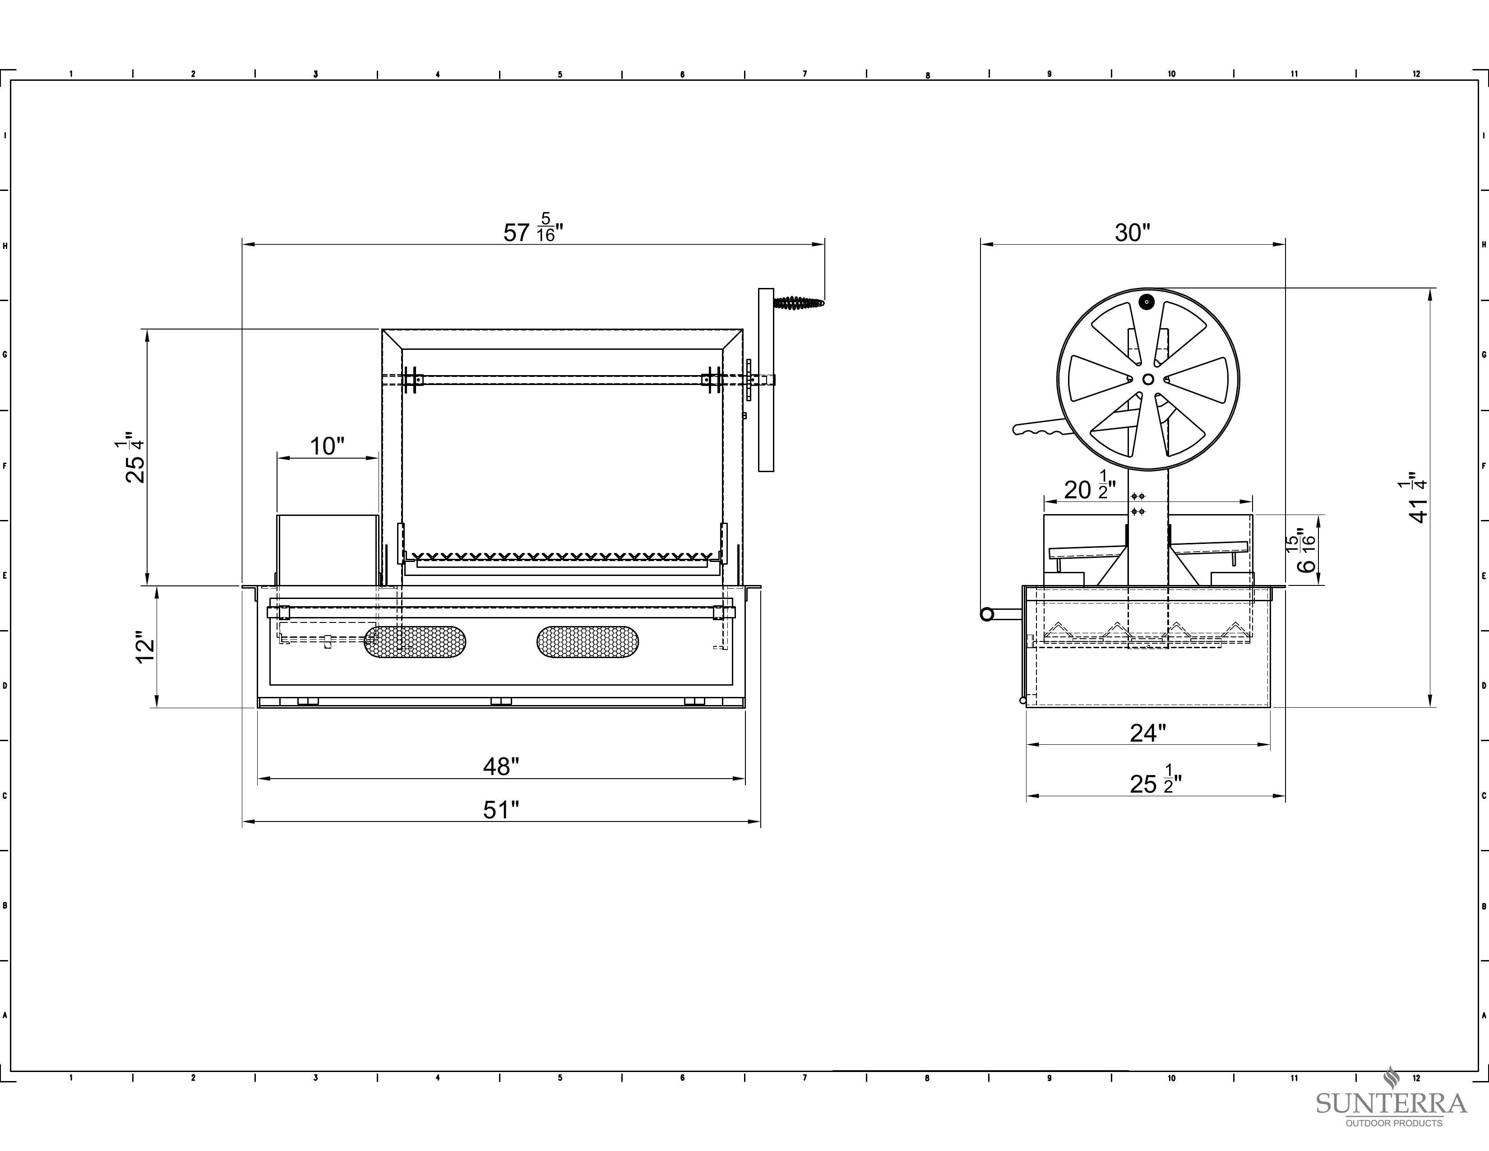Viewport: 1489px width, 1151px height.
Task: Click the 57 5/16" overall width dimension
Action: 533,228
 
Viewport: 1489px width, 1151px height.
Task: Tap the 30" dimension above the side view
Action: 1133,232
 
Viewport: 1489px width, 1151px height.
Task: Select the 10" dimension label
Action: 327,446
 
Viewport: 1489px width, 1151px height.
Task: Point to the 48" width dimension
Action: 501,766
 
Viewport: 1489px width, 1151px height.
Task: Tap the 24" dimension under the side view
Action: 1148,733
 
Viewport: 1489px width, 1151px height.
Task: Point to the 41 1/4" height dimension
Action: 1417,498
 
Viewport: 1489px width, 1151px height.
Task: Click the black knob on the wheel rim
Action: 1147,302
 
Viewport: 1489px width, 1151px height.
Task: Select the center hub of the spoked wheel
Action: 1148,379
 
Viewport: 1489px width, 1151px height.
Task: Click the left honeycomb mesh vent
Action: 415,642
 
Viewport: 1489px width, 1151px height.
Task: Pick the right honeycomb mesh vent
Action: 587,642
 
